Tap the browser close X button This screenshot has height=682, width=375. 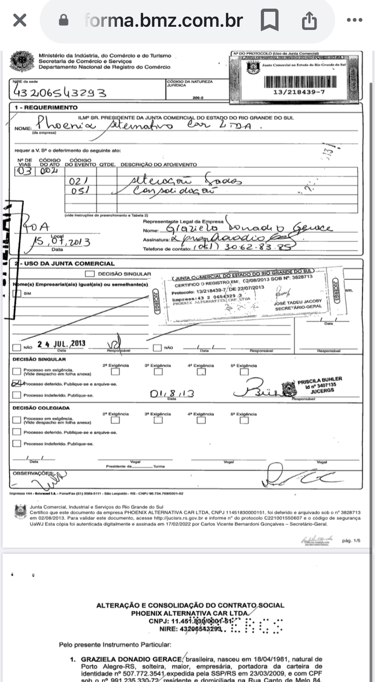pyautogui.click(x=19, y=21)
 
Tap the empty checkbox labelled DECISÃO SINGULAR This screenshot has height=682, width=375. pyautogui.click(x=90, y=273)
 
